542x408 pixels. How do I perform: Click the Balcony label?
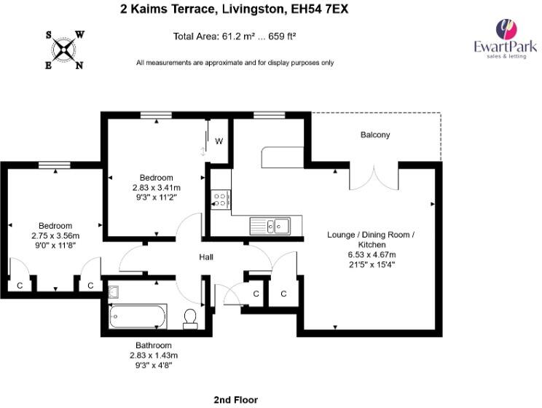point(375,135)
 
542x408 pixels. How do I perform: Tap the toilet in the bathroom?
point(190,319)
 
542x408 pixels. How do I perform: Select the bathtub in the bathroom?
point(138,316)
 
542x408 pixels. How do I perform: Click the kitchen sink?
point(270,226)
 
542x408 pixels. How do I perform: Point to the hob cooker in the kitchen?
point(221,200)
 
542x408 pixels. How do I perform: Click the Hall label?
point(206,257)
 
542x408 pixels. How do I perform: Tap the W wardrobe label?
point(219,141)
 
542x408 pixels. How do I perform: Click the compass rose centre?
point(64,50)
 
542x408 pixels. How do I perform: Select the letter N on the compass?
point(79,65)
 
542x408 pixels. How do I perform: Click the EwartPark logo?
point(506,39)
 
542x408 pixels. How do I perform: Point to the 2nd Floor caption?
point(236,400)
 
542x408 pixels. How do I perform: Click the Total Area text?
point(235,36)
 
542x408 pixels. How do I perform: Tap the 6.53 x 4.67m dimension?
point(372,255)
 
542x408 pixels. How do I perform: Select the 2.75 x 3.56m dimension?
point(55,236)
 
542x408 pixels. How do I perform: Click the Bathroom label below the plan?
point(154,345)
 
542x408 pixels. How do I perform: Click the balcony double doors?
point(374,177)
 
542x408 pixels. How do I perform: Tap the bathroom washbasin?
point(114,292)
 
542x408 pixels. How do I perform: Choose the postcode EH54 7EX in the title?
point(319,9)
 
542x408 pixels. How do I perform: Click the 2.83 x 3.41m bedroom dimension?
point(156,188)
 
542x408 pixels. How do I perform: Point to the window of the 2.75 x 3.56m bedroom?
point(54,165)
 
